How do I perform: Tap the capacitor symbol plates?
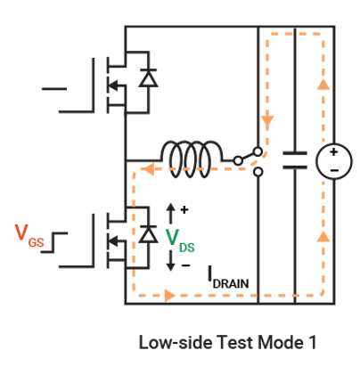295,160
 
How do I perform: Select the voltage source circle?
334,161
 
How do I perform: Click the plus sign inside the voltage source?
334,152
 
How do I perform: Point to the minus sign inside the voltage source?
334,170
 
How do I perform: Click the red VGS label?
29,236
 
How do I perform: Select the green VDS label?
180,241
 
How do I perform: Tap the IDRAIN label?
228,278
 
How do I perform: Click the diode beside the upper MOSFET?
148,77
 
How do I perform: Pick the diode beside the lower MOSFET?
148,233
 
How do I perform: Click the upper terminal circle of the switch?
258,151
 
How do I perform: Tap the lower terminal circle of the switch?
258,172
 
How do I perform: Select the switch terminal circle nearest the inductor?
238,161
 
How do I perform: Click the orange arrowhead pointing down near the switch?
267,120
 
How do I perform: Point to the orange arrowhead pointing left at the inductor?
148,169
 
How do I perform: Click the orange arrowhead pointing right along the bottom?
169,296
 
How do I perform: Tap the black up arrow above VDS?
170,214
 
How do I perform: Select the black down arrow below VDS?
170,261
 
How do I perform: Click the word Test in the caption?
235,342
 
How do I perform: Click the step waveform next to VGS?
54,242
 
